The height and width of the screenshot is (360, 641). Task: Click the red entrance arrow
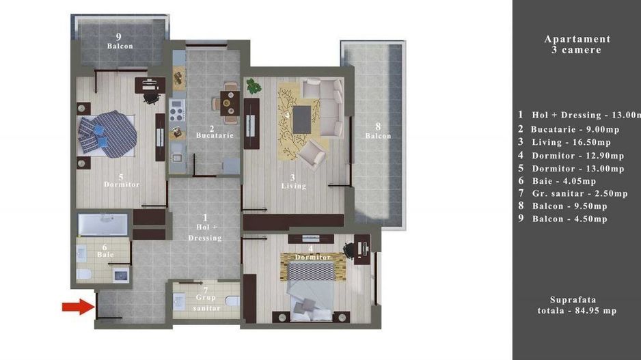(x=77, y=307)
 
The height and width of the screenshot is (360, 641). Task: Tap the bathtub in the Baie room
(x=103, y=224)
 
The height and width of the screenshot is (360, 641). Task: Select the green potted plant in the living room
(x=254, y=87)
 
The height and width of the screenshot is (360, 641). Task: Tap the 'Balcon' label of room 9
(x=120, y=46)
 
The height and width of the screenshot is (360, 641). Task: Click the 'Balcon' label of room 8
(x=377, y=135)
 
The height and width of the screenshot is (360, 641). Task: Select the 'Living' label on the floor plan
(x=293, y=185)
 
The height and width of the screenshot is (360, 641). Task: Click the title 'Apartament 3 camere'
(x=577, y=44)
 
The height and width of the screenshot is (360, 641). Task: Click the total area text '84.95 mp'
(x=590, y=311)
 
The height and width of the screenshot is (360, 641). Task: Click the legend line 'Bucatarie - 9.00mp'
(x=575, y=129)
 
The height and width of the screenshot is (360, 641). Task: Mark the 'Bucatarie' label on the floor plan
(x=215, y=135)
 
